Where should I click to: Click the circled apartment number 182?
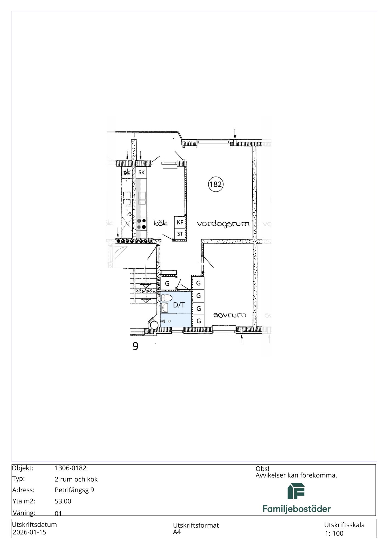coord(216,184)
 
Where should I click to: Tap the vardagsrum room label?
coord(223,224)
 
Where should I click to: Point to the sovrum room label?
coord(230,315)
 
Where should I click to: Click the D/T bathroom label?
coord(179,305)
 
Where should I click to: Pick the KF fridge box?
coord(180,222)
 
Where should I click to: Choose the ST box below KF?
coord(180,234)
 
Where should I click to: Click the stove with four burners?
coord(141,224)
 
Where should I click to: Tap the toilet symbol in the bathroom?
coord(166,298)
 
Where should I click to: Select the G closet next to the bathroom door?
coord(167,284)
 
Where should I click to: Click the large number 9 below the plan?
coord(135,346)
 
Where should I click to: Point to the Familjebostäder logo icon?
coord(296,491)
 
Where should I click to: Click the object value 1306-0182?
coord(71,468)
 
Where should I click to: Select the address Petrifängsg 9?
coord(74,490)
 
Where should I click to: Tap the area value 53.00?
coord(63,501)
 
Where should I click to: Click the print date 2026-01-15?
coord(30,532)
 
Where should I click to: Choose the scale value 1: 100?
coord(334,533)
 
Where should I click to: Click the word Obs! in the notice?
coord(263,469)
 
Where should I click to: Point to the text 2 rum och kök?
coord(76,479)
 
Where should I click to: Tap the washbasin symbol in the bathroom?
coord(164,308)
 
